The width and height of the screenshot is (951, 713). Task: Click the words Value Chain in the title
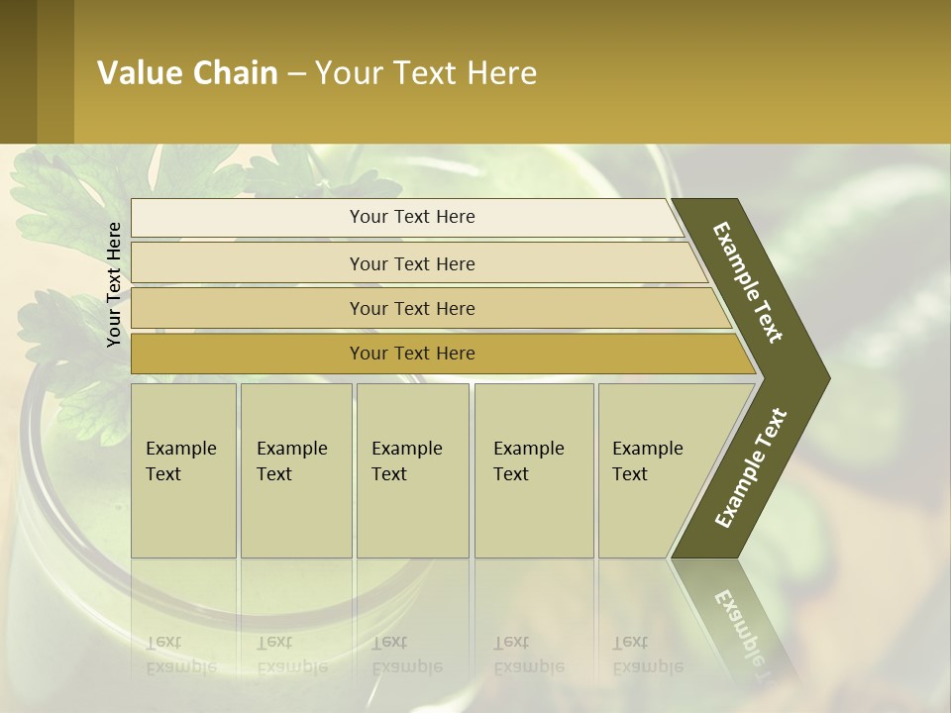click(187, 73)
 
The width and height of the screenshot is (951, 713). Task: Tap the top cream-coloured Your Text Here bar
click(411, 217)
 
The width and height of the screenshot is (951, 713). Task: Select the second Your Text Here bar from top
click(411, 263)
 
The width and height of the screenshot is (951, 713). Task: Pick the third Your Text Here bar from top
click(411, 308)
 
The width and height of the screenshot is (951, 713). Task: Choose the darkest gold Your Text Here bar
click(411, 354)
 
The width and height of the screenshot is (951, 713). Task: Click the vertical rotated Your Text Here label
click(114, 284)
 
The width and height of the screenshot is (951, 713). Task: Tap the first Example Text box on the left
click(183, 470)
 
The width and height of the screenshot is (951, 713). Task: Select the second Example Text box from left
click(295, 470)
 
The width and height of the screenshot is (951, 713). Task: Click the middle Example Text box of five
click(412, 470)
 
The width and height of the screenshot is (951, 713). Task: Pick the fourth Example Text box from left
click(533, 470)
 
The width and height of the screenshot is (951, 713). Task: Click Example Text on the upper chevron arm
click(748, 282)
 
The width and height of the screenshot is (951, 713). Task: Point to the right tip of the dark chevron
click(826, 378)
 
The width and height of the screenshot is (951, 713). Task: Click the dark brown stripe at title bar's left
click(18, 71)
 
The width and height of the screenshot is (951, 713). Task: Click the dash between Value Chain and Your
click(296, 74)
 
